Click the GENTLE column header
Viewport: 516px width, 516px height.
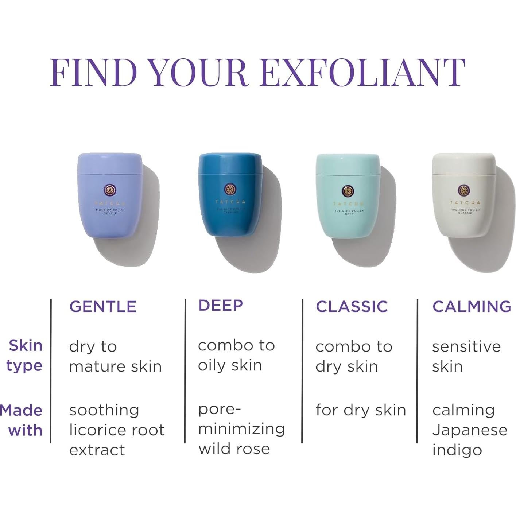pyautogui.click(x=103, y=307)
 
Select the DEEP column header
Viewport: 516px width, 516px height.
pyautogui.click(x=221, y=306)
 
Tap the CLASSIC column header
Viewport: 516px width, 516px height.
pyautogui.click(x=352, y=307)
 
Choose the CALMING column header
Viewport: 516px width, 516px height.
pyautogui.click(x=472, y=307)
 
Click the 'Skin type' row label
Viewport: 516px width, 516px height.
pyautogui.click(x=25, y=356)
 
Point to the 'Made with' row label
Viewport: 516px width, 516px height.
pyautogui.click(x=22, y=420)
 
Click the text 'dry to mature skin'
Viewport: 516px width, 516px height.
pyautogui.click(x=115, y=356)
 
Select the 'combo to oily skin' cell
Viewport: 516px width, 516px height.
pyautogui.click(x=236, y=355)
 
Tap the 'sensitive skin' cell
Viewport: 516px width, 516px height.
pyautogui.click(x=466, y=356)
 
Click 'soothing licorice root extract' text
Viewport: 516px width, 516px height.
pyautogui.click(x=116, y=430)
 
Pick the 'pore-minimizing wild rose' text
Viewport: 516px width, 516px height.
pyautogui.click(x=241, y=429)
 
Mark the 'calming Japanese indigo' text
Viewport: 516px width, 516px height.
pyautogui.click(x=469, y=430)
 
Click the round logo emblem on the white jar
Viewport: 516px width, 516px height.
pyautogui.click(x=463, y=190)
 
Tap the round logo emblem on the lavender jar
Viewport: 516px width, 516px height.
pyautogui.click(x=110, y=190)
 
